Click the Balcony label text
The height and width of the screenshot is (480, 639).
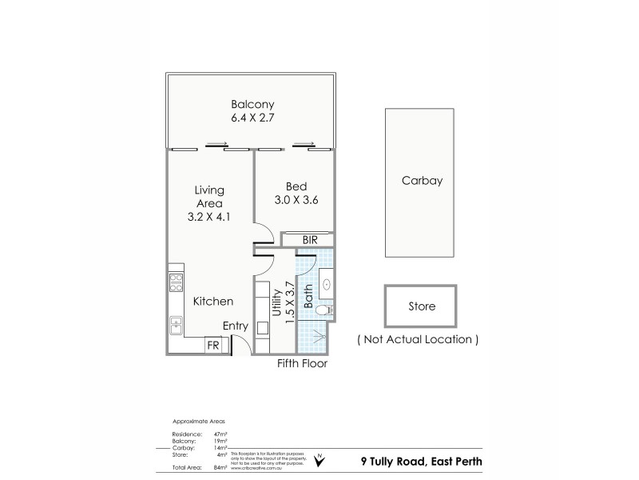click(252, 105)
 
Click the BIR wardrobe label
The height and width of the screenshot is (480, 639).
click(311, 239)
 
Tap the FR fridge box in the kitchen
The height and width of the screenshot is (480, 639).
click(213, 346)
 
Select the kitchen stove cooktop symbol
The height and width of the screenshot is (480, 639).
click(176, 282)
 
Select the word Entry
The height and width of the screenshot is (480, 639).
click(236, 326)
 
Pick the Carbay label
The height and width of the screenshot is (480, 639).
click(422, 181)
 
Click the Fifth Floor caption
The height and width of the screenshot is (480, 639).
click(302, 363)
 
